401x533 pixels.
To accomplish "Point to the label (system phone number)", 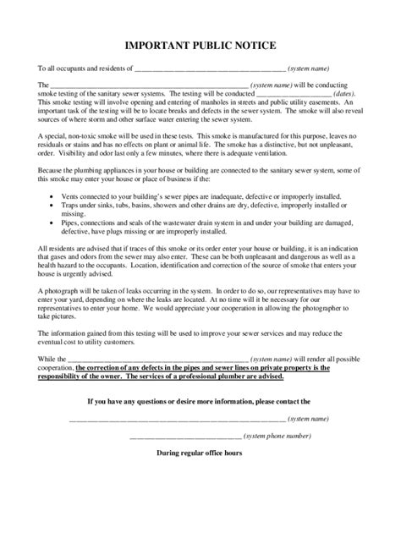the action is pyautogui.click(x=278, y=436).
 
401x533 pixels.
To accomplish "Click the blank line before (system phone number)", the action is pyautogui.click(x=185, y=437).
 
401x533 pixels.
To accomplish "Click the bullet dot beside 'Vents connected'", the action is pyautogui.click(x=52, y=195).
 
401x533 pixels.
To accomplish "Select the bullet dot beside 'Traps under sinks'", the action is pyautogui.click(x=52, y=205).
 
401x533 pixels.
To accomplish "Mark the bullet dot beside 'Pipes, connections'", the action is pyautogui.click(x=52, y=223).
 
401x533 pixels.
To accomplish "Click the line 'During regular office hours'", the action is pyautogui.click(x=200, y=453).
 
